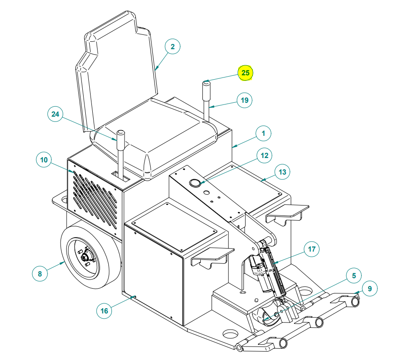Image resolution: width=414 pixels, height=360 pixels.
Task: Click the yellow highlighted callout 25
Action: pyautogui.click(x=246, y=73)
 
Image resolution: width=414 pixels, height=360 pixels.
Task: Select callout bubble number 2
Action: pyautogui.click(x=172, y=47)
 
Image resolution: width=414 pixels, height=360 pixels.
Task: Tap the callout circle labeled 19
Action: pyautogui.click(x=245, y=100)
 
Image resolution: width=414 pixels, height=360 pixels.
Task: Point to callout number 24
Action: pyautogui.click(x=55, y=114)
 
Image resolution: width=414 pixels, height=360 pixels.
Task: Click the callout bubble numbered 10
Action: pyautogui.click(x=44, y=160)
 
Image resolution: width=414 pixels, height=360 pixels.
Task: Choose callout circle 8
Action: pyautogui.click(x=40, y=274)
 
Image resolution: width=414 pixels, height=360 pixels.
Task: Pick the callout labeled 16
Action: pyautogui.click(x=104, y=311)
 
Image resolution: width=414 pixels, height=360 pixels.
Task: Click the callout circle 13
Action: pyautogui.click(x=283, y=172)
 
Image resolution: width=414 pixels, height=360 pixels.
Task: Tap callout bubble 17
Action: pyautogui.click(x=311, y=249)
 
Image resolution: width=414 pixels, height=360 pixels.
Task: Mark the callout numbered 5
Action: pyautogui.click(x=353, y=276)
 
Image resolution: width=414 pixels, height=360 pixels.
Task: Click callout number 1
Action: pyautogui.click(x=263, y=134)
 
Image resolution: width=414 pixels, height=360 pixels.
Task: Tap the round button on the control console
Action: pyautogui.click(x=196, y=183)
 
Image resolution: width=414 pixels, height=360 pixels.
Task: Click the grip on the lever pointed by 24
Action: pyautogui.click(x=121, y=139)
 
